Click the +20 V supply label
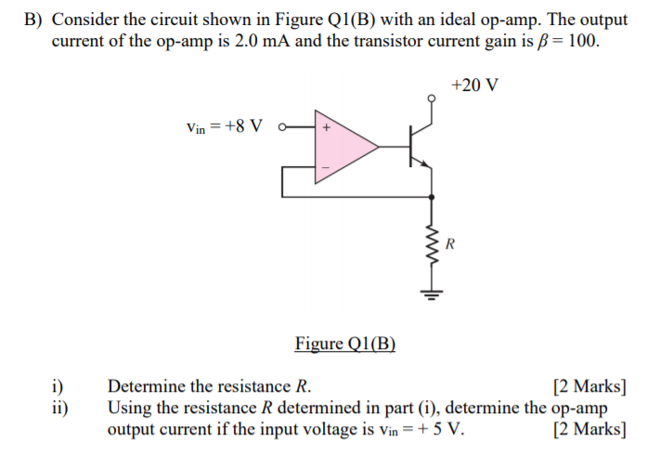473,85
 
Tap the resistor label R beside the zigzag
451,245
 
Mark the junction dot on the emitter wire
431,197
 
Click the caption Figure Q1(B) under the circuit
345,344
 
